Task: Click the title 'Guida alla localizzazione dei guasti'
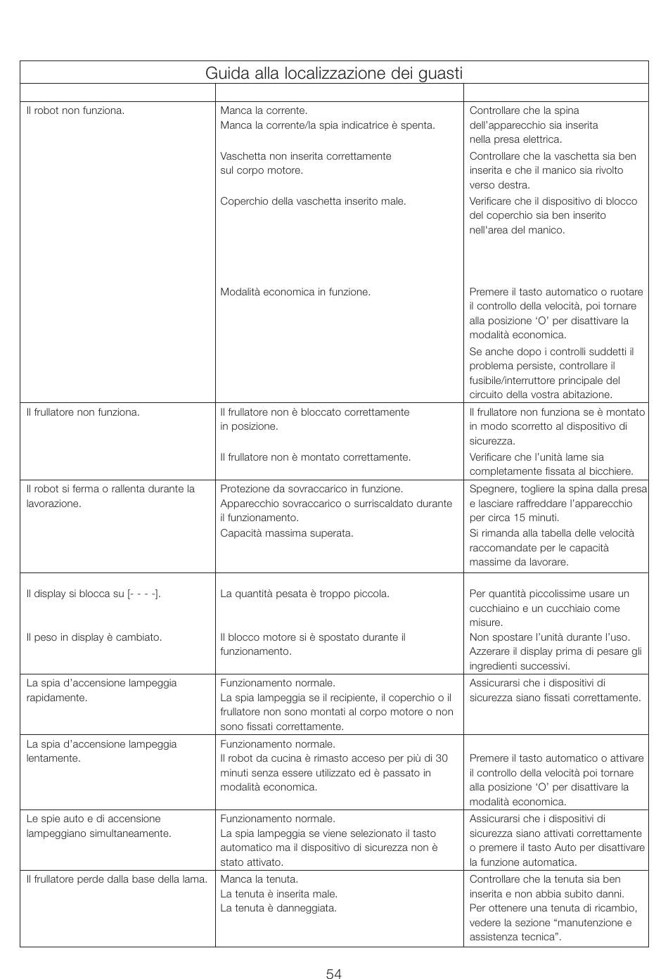(x=334, y=73)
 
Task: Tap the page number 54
(x=334, y=973)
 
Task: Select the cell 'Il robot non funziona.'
(x=75, y=110)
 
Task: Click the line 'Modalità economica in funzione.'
(x=295, y=292)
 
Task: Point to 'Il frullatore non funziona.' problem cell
(x=83, y=412)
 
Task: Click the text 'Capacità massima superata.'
(x=287, y=533)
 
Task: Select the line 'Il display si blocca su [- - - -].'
(x=94, y=594)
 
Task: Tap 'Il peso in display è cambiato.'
(x=94, y=637)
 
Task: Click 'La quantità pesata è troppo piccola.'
(x=304, y=594)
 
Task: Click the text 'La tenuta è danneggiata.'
(x=278, y=908)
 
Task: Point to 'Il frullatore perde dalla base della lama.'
(x=117, y=879)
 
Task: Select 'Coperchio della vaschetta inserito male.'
(x=313, y=201)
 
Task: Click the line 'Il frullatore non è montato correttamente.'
(x=315, y=457)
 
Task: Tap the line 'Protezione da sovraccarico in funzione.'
(x=311, y=489)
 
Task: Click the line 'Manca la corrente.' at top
(x=264, y=110)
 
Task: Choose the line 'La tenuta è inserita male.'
(x=279, y=894)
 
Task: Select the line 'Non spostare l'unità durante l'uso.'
(x=550, y=637)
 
